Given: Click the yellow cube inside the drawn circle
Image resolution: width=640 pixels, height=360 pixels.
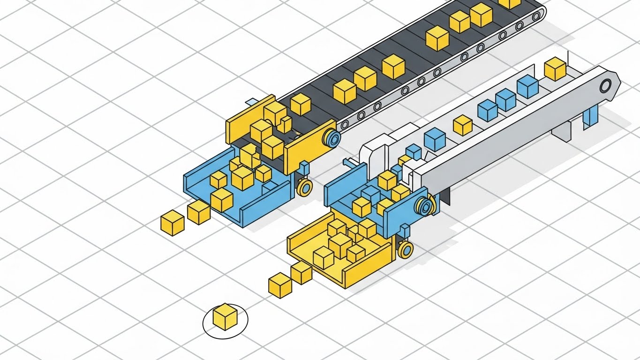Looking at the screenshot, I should (225, 316).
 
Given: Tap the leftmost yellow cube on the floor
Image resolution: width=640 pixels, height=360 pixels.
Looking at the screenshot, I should (172, 223).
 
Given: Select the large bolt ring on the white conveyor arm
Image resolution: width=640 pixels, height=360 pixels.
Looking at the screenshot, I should (605, 85).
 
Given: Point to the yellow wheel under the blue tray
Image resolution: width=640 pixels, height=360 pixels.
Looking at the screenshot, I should (305, 187).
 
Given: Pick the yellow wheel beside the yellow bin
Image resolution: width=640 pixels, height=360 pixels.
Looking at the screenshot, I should (406, 249).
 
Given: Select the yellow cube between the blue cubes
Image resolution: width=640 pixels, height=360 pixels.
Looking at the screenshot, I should (463, 125).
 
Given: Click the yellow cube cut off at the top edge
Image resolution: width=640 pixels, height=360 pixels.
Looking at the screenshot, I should (510, 3).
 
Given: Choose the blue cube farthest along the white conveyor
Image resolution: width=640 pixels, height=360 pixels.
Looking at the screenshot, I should (527, 87).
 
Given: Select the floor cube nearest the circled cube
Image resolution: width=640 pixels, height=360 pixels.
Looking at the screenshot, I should (280, 285).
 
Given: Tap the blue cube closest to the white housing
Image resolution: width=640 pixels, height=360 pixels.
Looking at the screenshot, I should (414, 151).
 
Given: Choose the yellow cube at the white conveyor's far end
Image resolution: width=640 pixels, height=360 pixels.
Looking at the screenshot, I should (556, 69).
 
